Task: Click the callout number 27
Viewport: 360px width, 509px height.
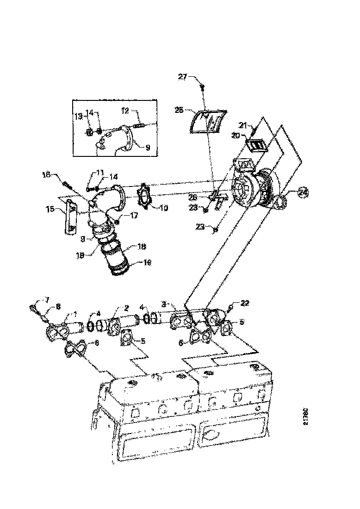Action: [182, 77]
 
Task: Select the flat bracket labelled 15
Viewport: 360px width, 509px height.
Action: [70, 217]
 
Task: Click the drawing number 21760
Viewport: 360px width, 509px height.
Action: [306, 416]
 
